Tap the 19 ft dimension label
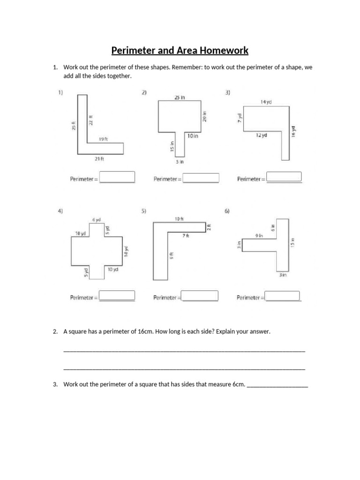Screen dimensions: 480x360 103,139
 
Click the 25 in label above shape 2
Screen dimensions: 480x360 180,97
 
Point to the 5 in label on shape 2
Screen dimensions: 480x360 180,162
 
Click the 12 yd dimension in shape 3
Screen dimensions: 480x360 261,135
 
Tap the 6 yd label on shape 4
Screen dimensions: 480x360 96,220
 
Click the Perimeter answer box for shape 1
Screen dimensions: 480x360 117,177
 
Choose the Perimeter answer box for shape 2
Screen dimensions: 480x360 201,178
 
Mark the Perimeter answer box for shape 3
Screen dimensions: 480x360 284,178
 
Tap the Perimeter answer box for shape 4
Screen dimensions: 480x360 117,296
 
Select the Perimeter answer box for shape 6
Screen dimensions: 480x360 283,296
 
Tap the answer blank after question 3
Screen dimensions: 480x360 277,385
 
